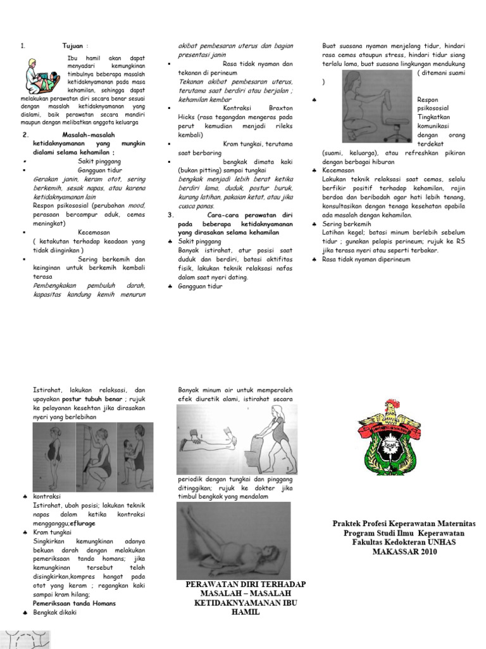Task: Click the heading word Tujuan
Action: pyautogui.click(x=73, y=46)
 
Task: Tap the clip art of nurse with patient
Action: pyautogui.click(x=40, y=76)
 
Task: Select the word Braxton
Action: pyautogui.click(x=280, y=108)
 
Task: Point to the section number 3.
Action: pyautogui.click(x=171, y=215)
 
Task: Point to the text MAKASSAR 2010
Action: pyautogui.click(x=404, y=551)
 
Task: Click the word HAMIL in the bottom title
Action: pyautogui.click(x=237, y=612)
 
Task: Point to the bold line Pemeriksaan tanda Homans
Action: pyautogui.click(x=74, y=603)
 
